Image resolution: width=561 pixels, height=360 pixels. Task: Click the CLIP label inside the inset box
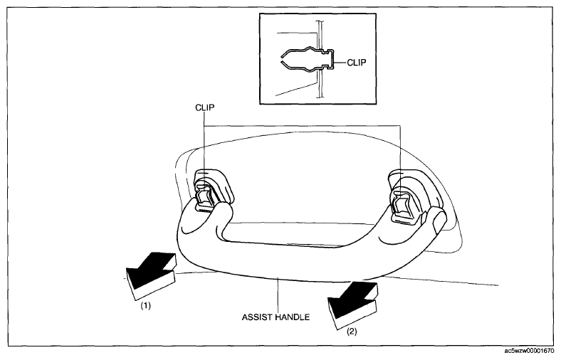tap(357, 63)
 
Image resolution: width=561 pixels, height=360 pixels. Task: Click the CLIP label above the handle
tap(205, 107)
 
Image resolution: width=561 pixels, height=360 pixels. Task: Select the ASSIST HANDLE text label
tap(276, 317)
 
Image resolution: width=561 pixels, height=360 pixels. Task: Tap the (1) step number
tap(145, 306)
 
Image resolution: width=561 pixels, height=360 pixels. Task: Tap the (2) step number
tap(352, 332)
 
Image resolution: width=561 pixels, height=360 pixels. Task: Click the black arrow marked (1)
tap(150, 275)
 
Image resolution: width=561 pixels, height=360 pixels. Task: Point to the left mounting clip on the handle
tap(204, 197)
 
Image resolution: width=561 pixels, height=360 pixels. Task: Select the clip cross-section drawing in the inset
tap(308, 59)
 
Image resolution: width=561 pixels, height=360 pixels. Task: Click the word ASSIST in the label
tap(256, 317)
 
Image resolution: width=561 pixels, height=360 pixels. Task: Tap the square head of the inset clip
tap(331, 59)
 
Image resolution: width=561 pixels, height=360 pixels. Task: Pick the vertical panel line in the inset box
tap(320, 58)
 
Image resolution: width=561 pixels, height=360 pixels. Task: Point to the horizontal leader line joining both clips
tap(303, 126)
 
